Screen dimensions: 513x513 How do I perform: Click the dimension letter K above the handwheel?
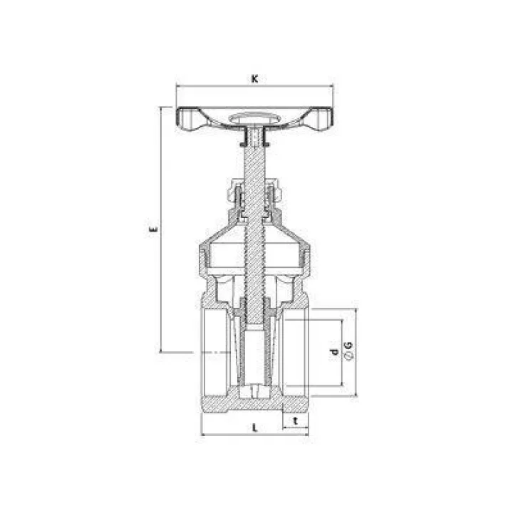click(254, 79)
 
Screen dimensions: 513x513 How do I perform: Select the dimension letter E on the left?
click(152, 229)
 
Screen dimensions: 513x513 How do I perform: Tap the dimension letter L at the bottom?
click(254, 427)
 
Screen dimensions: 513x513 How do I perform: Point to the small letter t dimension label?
click(296, 421)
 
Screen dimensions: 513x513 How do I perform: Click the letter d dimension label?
click(333, 352)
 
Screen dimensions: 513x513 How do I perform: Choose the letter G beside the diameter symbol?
click(348, 345)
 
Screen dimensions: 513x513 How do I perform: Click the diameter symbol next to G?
click(349, 356)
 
